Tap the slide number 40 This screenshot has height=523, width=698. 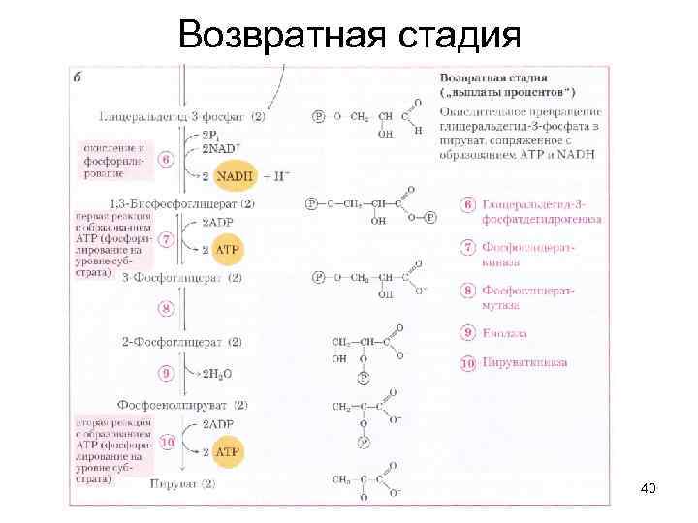pos(649,490)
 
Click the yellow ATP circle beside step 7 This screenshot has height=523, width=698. pos(227,250)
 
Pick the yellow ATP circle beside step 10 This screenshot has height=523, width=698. pos(227,451)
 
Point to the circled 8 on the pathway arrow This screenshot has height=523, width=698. pos(167,309)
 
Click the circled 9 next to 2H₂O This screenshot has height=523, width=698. pos(167,372)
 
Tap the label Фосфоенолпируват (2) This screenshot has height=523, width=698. pos(182,404)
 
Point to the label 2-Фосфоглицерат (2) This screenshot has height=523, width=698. pos(182,342)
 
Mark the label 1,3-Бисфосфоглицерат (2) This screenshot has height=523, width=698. pos(182,203)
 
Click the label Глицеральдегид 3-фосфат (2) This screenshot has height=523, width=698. pos(182,116)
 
